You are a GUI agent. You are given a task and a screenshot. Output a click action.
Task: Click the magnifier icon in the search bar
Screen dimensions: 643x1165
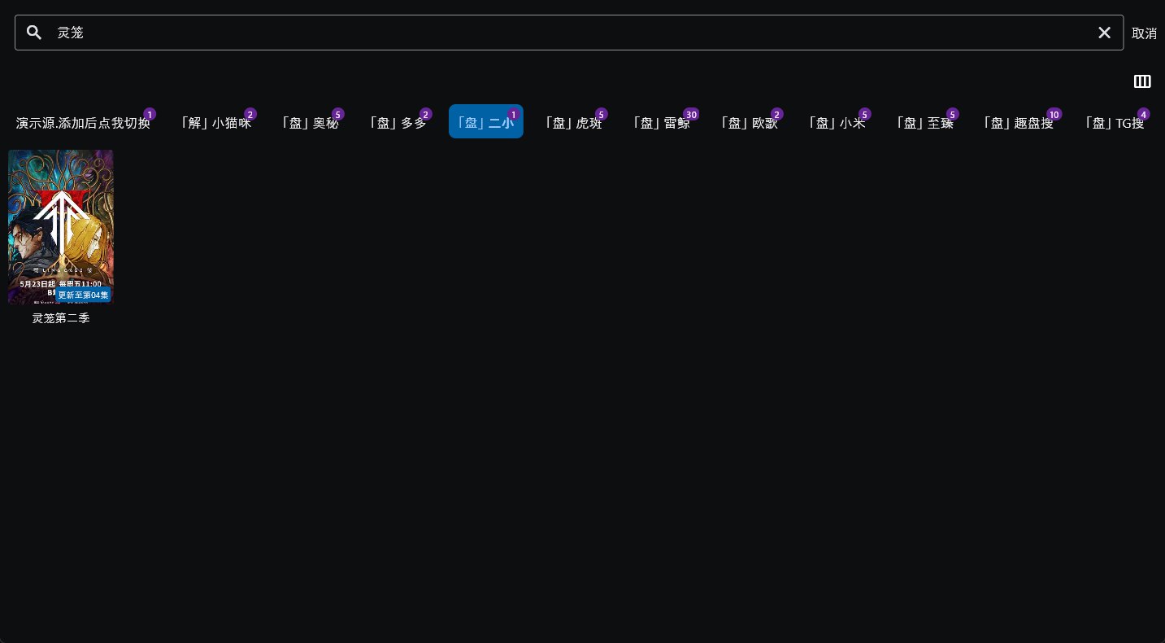click(34, 33)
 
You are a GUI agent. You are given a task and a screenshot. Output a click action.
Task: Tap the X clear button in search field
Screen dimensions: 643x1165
click(1104, 33)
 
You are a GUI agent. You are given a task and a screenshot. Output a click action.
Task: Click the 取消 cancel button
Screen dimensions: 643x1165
click(1144, 33)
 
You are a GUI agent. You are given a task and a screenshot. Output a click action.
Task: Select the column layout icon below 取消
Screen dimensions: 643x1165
click(1142, 81)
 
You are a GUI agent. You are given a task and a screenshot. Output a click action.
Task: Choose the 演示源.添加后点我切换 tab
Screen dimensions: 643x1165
click(82, 123)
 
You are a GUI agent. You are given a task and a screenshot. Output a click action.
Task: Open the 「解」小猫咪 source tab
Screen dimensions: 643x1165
click(215, 123)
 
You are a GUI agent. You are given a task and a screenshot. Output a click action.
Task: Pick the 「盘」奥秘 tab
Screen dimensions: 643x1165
click(310, 123)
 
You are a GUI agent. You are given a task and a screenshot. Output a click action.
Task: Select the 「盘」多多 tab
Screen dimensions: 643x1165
click(398, 123)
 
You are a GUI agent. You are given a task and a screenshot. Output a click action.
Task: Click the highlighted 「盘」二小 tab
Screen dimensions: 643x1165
click(485, 123)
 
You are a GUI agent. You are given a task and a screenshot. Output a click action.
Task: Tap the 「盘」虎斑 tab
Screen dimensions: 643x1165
click(573, 123)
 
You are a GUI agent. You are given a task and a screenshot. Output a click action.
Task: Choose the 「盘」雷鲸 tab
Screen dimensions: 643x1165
click(661, 123)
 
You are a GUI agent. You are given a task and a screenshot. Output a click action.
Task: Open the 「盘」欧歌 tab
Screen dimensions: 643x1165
click(749, 123)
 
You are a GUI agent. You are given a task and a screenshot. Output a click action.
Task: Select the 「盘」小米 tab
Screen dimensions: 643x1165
click(837, 123)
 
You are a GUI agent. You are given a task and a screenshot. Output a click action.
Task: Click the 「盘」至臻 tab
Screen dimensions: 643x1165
click(924, 123)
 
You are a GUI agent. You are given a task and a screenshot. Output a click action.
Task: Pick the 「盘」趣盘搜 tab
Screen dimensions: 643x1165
click(1018, 123)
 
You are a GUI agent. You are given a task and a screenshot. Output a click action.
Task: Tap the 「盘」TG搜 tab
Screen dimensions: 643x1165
click(1114, 123)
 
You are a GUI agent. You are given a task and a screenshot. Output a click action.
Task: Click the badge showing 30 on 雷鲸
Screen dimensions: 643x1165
click(691, 114)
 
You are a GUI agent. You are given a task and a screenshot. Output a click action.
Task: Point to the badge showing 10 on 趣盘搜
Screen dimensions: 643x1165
click(1054, 114)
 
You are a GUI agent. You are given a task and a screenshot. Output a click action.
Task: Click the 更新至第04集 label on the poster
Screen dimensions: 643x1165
click(83, 295)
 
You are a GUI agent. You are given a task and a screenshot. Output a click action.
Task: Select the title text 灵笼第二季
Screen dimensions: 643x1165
click(61, 318)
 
